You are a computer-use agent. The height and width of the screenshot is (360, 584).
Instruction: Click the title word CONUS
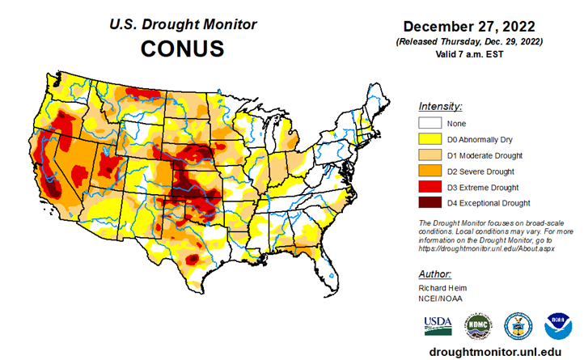183,49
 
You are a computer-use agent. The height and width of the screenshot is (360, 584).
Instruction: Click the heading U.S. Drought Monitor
183,24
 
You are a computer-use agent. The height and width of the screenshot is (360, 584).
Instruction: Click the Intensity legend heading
440,106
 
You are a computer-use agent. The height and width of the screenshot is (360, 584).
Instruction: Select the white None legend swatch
429,123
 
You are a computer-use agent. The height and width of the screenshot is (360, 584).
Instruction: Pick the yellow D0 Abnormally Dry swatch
429,139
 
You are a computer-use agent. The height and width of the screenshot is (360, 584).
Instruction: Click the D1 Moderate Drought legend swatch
429,155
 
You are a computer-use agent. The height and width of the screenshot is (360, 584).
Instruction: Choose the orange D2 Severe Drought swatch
429,171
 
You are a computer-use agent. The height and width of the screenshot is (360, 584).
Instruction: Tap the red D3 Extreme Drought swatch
429,187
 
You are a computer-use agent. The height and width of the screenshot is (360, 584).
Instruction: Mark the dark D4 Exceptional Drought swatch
429,202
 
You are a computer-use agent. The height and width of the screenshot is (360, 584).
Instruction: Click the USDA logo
438,325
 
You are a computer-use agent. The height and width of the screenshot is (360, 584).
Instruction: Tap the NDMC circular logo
477,326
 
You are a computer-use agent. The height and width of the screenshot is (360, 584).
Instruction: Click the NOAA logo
558,326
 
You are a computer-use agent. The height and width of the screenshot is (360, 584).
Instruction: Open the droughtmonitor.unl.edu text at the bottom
495,352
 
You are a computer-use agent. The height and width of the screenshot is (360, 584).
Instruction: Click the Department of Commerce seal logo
518,326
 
